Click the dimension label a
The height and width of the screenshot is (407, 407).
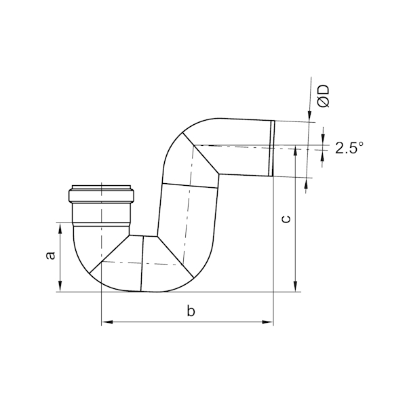click(x=51, y=255)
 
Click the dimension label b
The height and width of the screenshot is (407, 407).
click(x=191, y=311)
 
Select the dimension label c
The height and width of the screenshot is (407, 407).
click(x=286, y=218)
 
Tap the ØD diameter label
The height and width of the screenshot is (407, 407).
click(x=324, y=96)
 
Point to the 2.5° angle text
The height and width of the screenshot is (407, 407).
click(x=349, y=148)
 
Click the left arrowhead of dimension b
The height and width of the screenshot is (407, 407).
click(x=107, y=322)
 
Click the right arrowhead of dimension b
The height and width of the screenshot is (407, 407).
click(x=268, y=322)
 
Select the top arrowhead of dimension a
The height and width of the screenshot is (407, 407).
click(x=60, y=229)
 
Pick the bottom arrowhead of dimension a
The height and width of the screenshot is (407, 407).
click(x=60, y=286)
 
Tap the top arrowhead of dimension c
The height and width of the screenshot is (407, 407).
click(x=295, y=151)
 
